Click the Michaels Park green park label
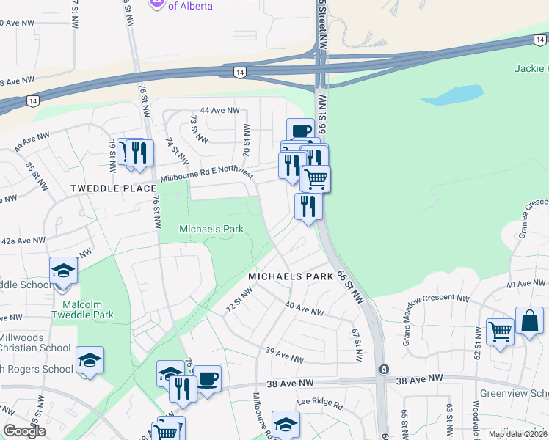point(211,230)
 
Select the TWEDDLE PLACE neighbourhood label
point(114,188)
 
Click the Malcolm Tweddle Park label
point(82,309)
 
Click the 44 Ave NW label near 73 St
point(219,110)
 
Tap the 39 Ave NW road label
point(284,358)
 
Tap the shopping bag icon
point(529,321)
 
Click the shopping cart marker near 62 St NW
point(500,331)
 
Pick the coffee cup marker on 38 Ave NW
point(206,378)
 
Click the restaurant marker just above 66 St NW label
point(308,205)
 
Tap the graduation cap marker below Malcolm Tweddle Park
point(90,359)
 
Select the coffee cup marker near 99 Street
point(300,131)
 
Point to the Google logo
point(24,432)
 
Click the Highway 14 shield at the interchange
point(239,72)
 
